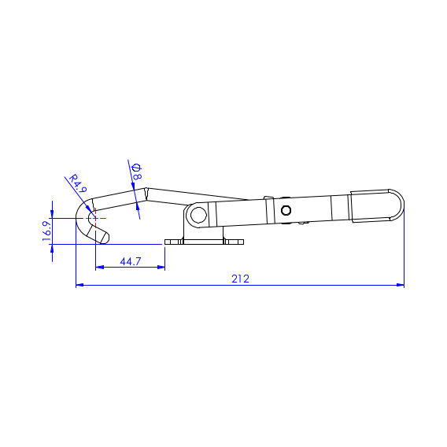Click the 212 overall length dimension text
click(x=240, y=279)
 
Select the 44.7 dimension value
click(x=131, y=261)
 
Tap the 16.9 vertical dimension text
click(x=46, y=231)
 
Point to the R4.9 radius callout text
click(x=78, y=183)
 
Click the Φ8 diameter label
click(x=137, y=172)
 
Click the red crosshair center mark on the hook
click(x=95, y=218)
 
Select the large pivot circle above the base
click(x=198, y=215)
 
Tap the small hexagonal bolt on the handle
click(x=286, y=210)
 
